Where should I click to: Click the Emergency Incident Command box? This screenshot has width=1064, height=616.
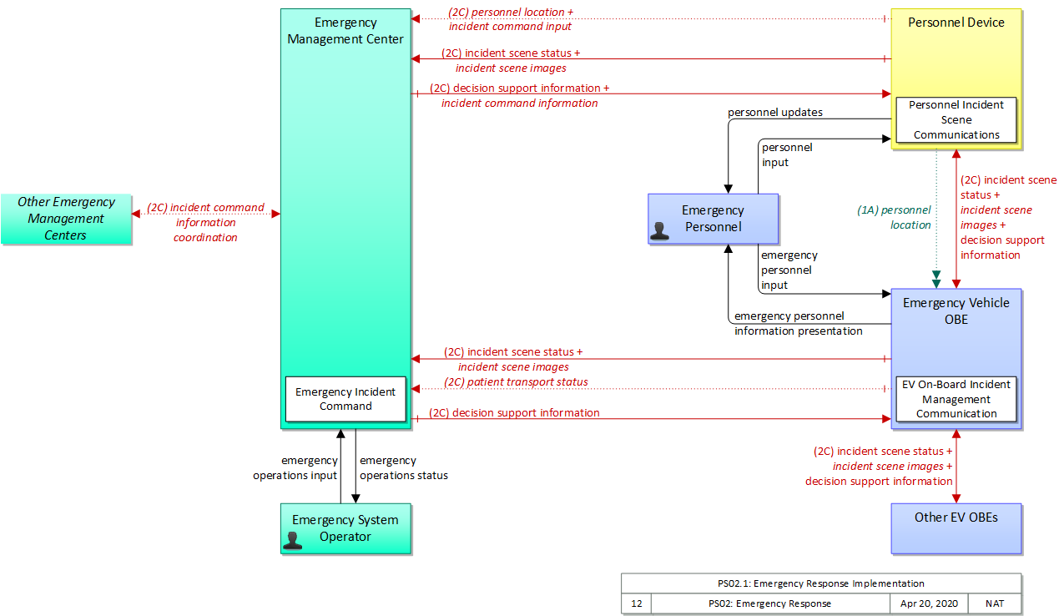[x=345, y=399]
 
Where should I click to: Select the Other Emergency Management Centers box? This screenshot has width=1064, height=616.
[x=66, y=219]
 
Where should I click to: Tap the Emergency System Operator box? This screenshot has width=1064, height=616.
[x=345, y=528]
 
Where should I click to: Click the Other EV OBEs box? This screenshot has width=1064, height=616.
[x=956, y=528]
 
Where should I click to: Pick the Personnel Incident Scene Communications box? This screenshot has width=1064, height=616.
[x=956, y=119]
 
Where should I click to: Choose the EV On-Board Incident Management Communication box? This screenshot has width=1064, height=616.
[x=956, y=399]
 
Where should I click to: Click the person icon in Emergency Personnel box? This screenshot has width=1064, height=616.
[x=659, y=231]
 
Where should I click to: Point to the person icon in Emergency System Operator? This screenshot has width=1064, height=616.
[x=292, y=541]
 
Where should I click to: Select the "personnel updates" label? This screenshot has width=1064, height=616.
[x=774, y=112]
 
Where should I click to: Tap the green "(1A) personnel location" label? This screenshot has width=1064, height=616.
[x=894, y=217]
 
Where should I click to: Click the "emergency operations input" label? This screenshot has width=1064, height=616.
[x=295, y=467]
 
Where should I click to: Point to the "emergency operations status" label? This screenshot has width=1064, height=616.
[x=404, y=467]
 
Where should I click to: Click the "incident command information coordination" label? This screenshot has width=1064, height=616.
[x=205, y=222]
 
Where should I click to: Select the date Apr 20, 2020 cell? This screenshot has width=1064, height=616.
[x=929, y=603]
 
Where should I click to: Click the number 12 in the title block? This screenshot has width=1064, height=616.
[x=636, y=603]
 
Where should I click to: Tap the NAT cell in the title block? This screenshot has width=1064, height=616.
[x=995, y=603]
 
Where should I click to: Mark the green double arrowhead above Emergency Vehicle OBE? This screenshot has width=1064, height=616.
[x=936, y=280]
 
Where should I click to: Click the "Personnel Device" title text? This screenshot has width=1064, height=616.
[x=956, y=23]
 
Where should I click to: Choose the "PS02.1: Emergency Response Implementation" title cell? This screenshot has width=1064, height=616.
[x=821, y=583]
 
